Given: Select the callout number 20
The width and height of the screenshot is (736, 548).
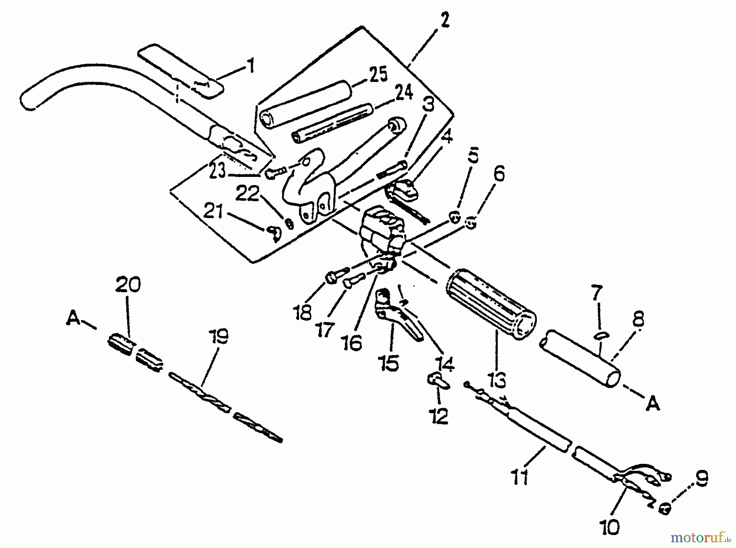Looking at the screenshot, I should [128, 284].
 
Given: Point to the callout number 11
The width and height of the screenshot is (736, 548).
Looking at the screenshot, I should [520, 477].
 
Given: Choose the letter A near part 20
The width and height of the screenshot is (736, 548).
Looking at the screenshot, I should [73, 318].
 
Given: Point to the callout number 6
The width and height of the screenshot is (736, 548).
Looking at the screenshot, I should [498, 174].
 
